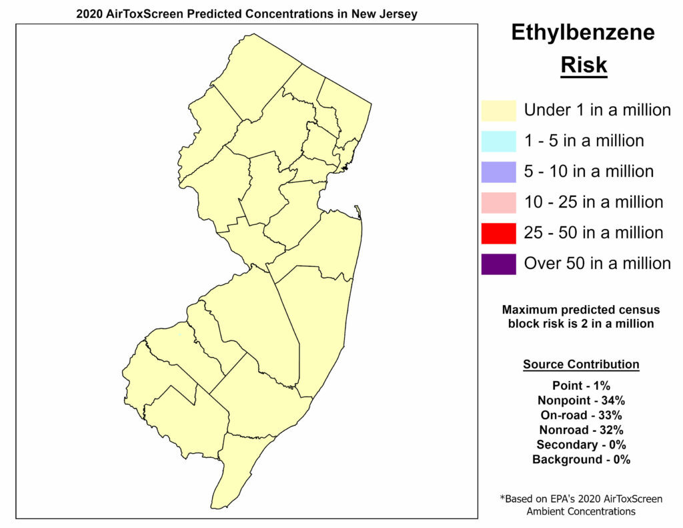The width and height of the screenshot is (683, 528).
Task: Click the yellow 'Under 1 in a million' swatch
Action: pos(498,110)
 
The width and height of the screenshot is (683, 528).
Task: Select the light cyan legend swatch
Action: pos(498,141)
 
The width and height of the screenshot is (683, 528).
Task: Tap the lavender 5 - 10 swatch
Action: pos(498,172)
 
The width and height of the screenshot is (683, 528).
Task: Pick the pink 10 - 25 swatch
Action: pos(498,202)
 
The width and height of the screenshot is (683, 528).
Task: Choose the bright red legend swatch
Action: pos(498,233)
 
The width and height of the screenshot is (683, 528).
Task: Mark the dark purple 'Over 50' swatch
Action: pos(498,264)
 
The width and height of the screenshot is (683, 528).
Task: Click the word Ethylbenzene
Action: pos(583,33)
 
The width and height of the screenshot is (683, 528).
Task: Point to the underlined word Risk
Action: pos(584,65)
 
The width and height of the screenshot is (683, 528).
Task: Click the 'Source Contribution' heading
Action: pos(581,364)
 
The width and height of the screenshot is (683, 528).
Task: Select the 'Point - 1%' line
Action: pos(581,385)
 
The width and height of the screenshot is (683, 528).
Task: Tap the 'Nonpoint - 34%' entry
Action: pos(581,401)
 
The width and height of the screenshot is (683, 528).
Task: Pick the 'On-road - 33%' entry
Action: pos(581,415)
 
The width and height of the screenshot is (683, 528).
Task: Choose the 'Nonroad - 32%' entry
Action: pos(581,430)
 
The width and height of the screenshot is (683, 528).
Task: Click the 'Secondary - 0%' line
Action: pos(581,445)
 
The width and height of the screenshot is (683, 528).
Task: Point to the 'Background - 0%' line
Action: pos(581,459)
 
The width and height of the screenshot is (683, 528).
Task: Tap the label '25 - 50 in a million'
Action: pos(594,233)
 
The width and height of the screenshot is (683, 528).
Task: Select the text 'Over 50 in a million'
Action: pos(598,264)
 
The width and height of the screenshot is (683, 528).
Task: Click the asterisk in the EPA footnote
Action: pos(502,498)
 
